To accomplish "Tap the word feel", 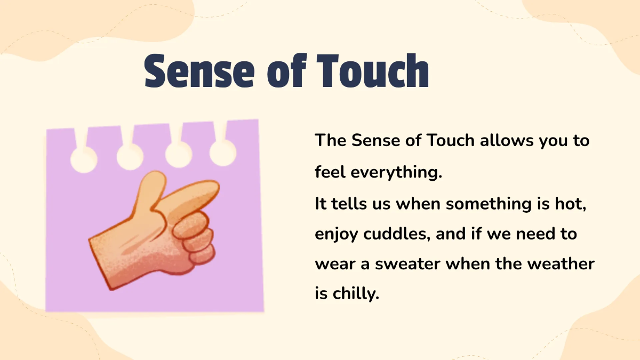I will point(329,172).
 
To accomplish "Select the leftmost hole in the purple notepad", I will point(84,159).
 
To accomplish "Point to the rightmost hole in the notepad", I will point(223,153).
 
